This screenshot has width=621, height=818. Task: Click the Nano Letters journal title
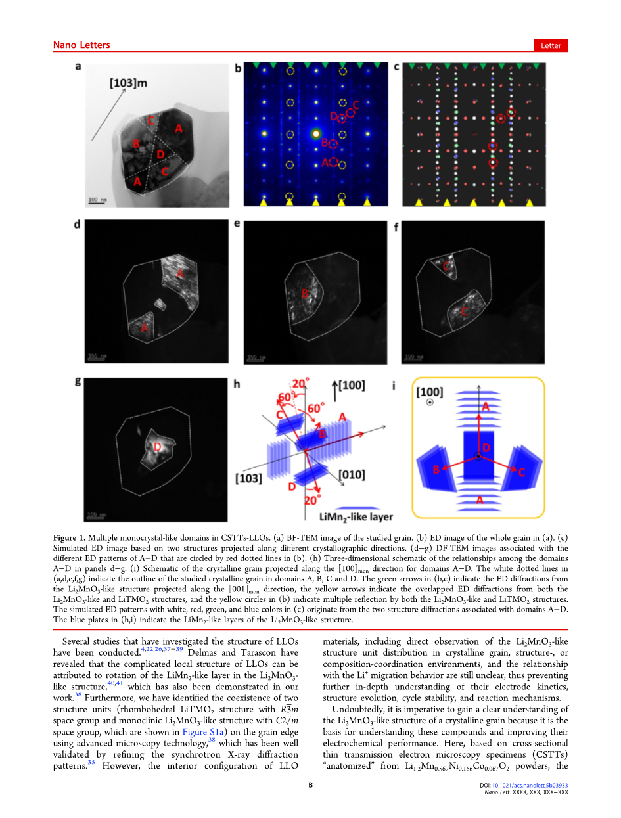pos(81,45)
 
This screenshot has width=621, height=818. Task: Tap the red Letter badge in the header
pos(550,45)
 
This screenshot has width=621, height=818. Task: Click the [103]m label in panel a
pos(127,83)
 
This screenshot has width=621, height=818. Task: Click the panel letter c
pos(396,66)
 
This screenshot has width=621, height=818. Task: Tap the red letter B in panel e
pos(304,294)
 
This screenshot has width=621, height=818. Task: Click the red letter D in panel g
pos(157,447)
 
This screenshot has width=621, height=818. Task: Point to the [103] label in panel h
pos(250,478)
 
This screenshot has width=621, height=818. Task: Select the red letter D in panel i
pos(486,447)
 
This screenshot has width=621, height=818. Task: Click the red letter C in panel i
pos(521,472)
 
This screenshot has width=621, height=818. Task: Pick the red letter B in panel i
pos(436,469)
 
